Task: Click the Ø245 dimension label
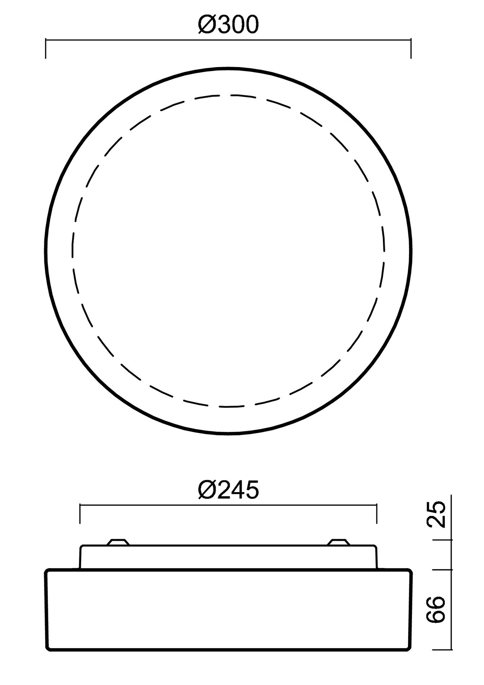[x=228, y=490]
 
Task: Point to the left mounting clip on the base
[x=118, y=542]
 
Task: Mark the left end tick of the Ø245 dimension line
[x=80, y=514]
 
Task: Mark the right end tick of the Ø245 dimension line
[x=377, y=514]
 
